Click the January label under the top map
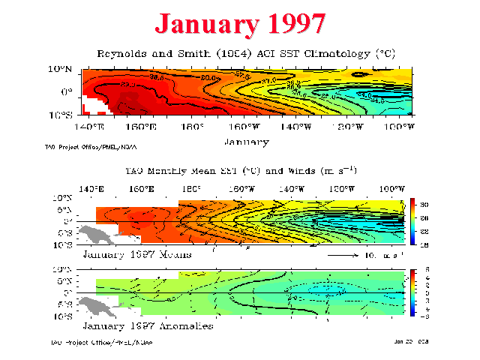(x=246, y=140)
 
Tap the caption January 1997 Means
(x=136, y=255)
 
